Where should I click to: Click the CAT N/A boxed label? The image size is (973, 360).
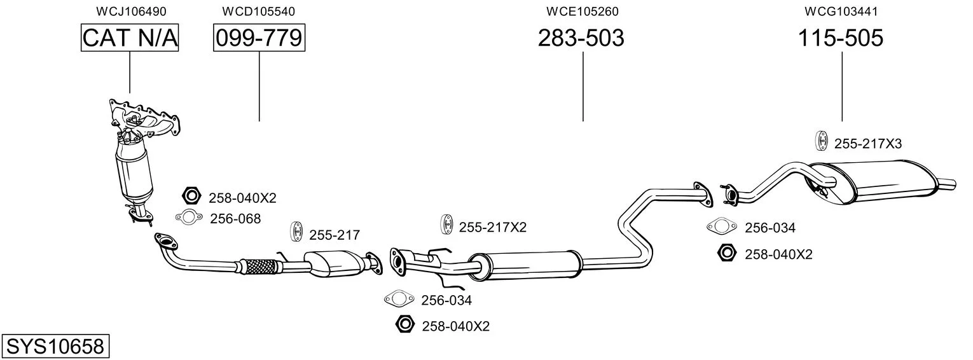point(130,38)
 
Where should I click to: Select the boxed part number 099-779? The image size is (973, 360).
point(259,38)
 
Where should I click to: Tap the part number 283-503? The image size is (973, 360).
point(581,38)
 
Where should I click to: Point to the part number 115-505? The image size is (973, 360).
point(841,38)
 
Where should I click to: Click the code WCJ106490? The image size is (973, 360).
point(131,11)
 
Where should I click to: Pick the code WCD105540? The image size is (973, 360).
point(258,11)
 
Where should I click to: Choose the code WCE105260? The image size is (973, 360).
point(583,11)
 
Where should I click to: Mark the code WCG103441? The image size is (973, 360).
point(841,11)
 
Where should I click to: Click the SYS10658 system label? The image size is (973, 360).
point(55,346)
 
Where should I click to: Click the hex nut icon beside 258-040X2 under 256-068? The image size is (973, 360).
point(191,196)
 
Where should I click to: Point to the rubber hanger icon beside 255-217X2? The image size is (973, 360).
point(446,225)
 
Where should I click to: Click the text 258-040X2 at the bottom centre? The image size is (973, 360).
point(456,326)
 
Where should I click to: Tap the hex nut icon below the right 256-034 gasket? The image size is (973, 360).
point(727,253)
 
